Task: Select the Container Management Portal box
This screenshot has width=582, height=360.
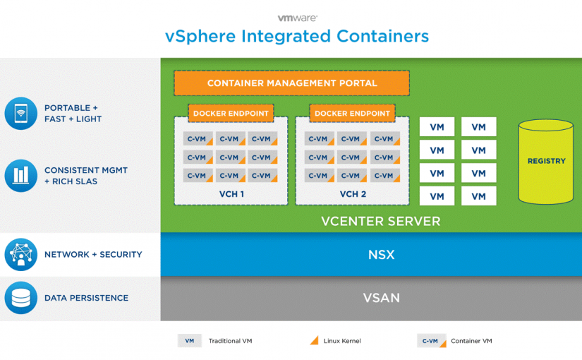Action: pos(291,83)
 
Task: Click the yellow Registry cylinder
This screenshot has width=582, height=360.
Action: pos(546,161)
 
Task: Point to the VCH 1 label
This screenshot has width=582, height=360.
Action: pos(231,194)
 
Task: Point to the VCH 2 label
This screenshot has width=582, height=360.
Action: pos(353,194)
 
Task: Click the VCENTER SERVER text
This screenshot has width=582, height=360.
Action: pos(380,221)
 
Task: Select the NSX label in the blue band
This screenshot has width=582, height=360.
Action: pos(381,255)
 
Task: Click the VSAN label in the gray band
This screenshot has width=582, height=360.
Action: pos(381,298)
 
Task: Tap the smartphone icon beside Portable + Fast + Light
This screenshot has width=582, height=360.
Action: pos(20,114)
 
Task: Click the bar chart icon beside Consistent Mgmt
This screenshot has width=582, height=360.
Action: pos(20,176)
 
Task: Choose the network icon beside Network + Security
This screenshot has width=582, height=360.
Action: pos(20,255)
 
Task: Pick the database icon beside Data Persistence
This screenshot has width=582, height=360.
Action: pos(20,298)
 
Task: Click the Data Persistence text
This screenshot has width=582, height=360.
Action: pos(86,298)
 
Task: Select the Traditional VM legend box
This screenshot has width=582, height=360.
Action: pos(189,341)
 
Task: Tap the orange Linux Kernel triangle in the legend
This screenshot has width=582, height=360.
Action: pos(314,341)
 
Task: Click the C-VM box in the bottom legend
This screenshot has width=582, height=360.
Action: pos(430,341)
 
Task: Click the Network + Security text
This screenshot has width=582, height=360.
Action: pos(93,255)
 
